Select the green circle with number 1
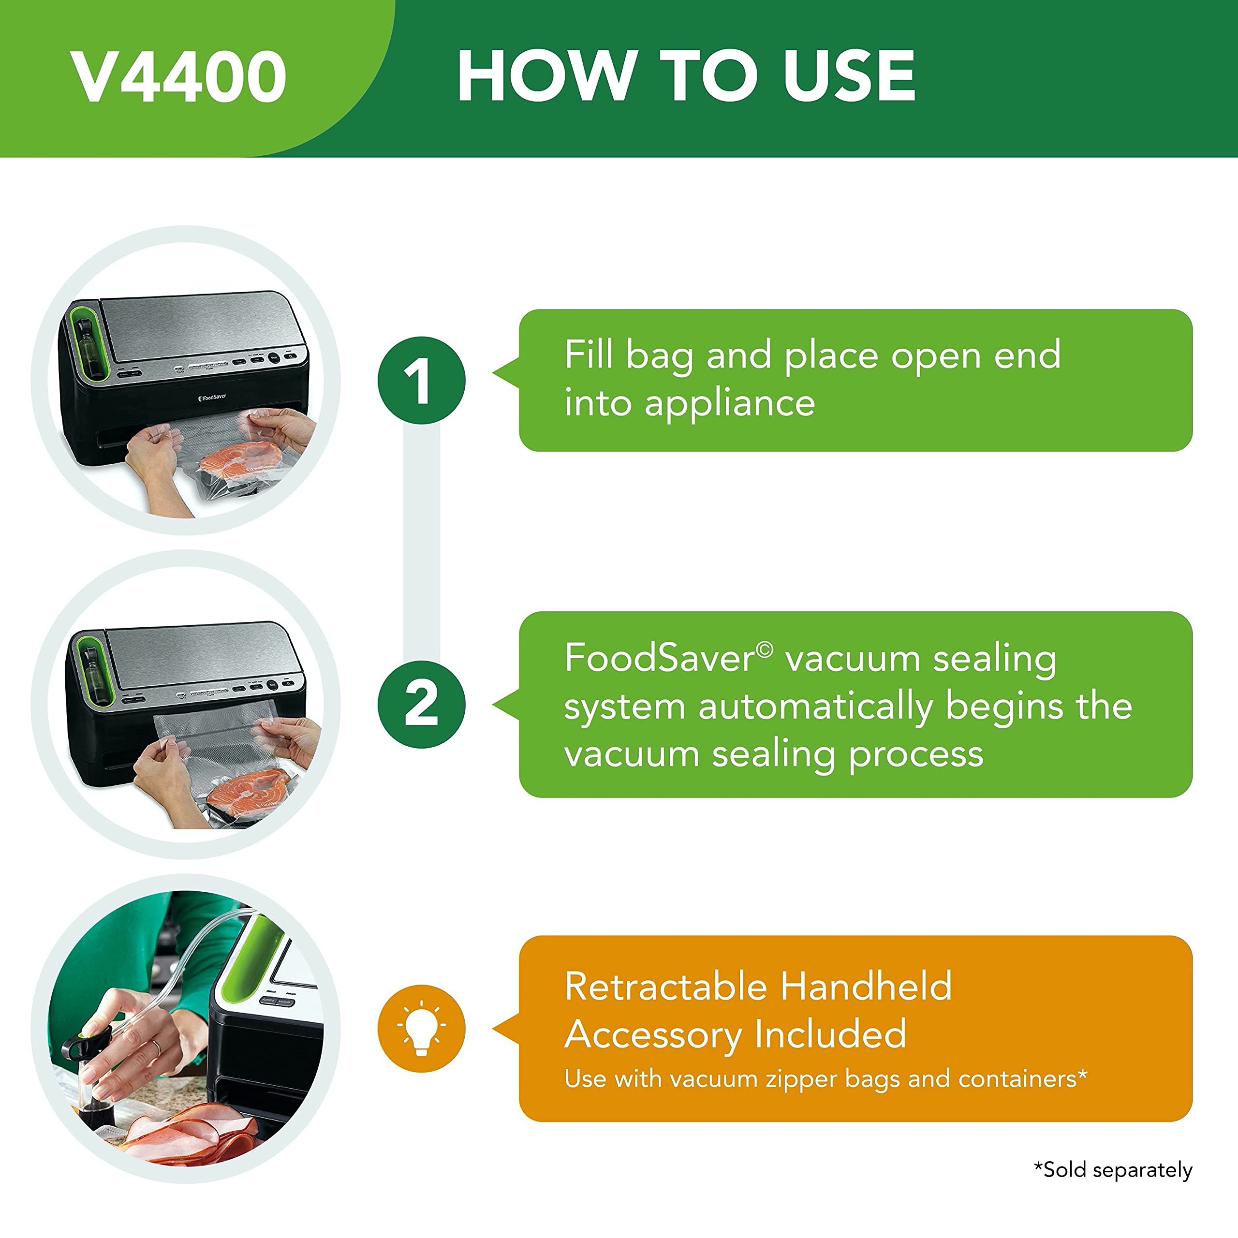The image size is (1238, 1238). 421,381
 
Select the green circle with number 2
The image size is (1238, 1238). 421,704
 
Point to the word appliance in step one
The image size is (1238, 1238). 729,404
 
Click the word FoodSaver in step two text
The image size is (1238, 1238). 661,658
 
